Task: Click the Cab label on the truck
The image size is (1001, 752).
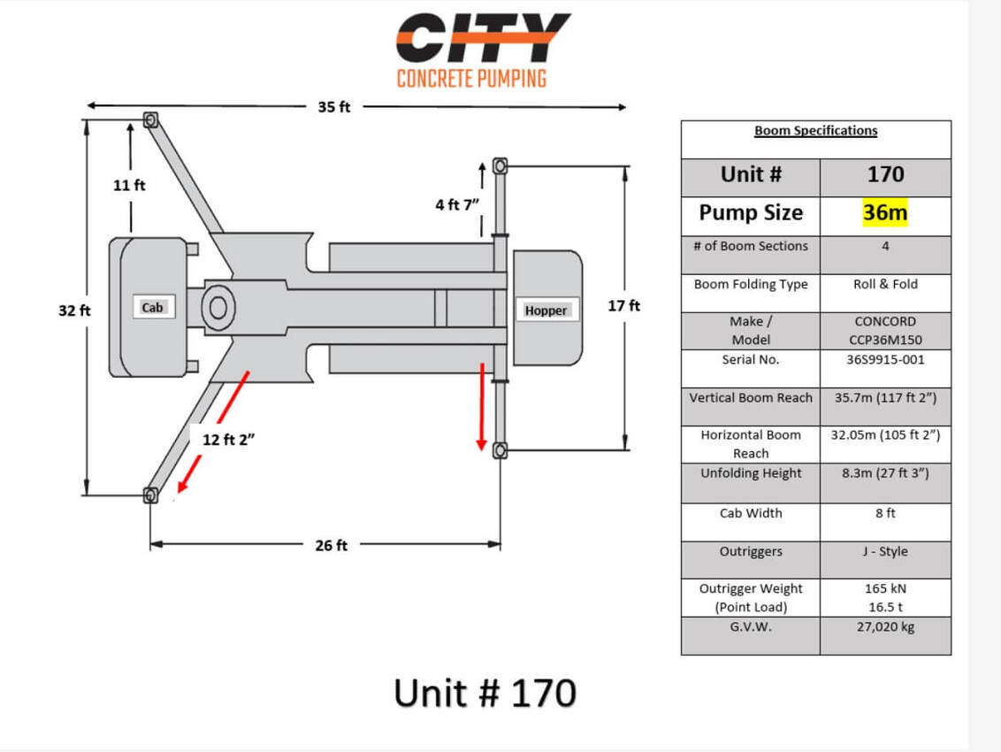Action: click(x=152, y=307)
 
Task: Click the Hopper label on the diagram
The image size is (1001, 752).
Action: click(x=546, y=311)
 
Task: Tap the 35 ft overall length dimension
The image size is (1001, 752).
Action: click(x=334, y=107)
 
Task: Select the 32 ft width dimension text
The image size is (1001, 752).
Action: click(x=74, y=311)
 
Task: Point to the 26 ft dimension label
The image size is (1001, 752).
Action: click(x=332, y=545)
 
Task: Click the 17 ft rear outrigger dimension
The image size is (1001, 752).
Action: click(x=623, y=305)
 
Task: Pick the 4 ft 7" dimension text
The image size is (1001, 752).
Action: click(x=457, y=204)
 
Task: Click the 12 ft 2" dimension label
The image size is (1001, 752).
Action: click(x=228, y=440)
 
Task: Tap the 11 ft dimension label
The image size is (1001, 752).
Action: click(x=129, y=185)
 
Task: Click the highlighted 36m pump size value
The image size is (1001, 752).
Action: click(x=885, y=212)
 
